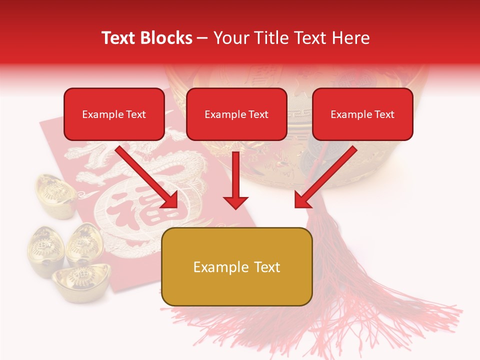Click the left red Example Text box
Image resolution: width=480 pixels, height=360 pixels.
[x=114, y=114]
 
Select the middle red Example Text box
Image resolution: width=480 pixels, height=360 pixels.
[x=236, y=114]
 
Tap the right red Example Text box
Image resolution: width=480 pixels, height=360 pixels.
[x=362, y=114]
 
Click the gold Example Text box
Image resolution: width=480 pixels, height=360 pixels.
[x=236, y=266]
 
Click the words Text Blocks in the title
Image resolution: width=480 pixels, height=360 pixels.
[x=146, y=38]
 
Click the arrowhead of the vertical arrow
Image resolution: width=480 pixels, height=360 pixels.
[x=235, y=202]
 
